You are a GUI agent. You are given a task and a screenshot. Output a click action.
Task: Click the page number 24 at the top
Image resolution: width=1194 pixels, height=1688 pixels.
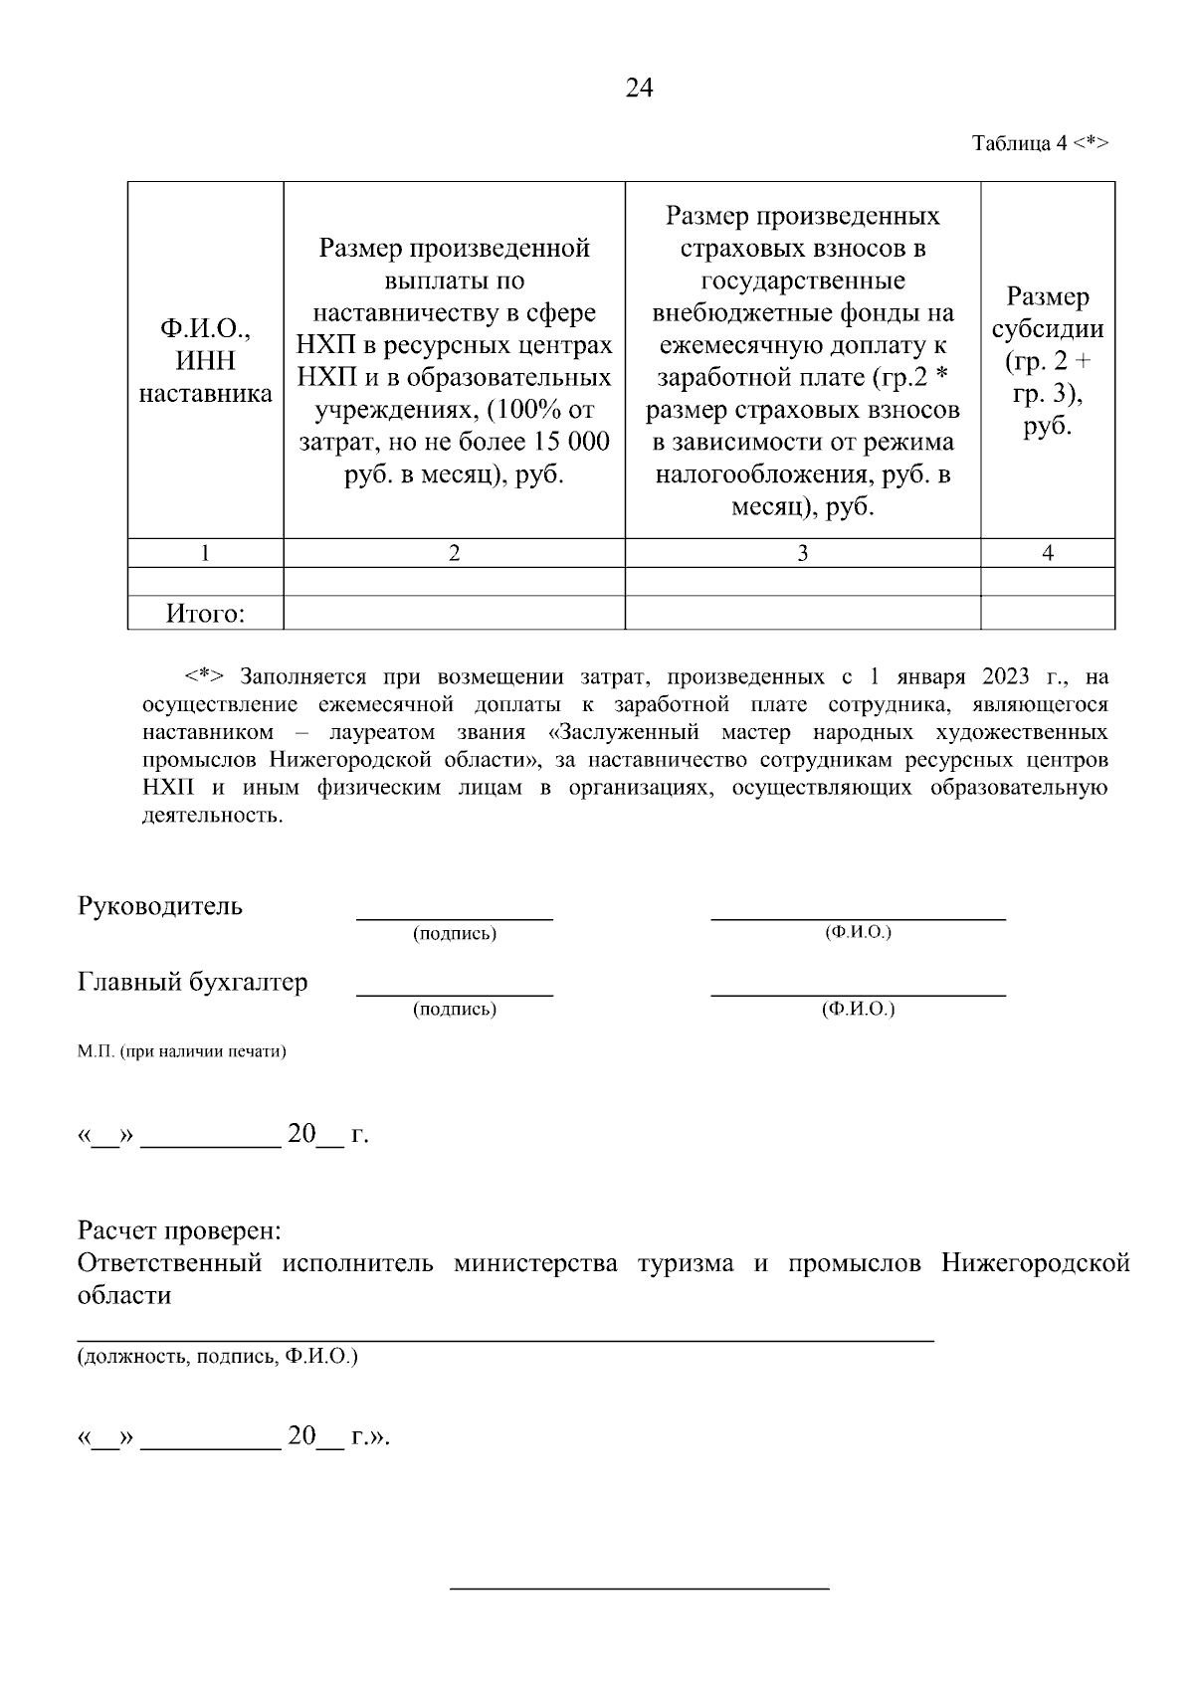click(639, 89)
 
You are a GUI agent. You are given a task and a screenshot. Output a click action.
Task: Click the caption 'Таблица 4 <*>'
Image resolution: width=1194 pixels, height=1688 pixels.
click(1039, 143)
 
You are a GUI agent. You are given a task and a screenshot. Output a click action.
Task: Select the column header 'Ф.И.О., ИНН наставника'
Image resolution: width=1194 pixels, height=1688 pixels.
click(205, 361)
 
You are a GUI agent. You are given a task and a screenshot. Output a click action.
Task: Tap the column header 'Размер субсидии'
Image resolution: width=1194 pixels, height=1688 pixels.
click(1048, 361)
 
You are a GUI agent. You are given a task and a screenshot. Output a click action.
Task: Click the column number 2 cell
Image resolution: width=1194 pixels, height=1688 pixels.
click(454, 554)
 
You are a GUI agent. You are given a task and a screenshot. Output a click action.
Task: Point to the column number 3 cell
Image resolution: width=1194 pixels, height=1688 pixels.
click(802, 554)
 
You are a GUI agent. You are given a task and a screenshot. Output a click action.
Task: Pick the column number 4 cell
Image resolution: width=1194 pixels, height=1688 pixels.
click(1048, 554)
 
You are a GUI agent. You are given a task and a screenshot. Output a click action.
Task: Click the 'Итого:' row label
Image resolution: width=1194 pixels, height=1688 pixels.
click(205, 614)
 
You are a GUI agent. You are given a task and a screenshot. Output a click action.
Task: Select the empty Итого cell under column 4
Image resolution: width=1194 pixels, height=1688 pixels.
click(1048, 614)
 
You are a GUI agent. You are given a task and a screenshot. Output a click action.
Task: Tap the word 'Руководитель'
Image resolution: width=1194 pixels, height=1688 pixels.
click(160, 906)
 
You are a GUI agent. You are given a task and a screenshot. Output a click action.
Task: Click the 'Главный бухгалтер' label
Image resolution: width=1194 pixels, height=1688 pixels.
click(193, 982)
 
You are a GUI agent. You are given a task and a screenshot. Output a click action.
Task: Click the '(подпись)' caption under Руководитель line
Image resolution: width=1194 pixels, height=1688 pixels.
click(455, 934)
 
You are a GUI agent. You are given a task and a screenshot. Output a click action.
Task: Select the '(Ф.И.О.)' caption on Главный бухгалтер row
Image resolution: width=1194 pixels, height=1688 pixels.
click(858, 1009)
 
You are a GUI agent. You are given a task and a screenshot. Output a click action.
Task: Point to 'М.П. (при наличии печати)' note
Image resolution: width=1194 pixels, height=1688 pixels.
click(182, 1050)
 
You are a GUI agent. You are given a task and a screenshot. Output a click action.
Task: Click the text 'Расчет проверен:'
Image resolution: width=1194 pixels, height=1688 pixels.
click(180, 1231)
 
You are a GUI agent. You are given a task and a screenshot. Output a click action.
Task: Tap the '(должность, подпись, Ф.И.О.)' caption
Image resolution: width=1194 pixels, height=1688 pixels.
click(218, 1356)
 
